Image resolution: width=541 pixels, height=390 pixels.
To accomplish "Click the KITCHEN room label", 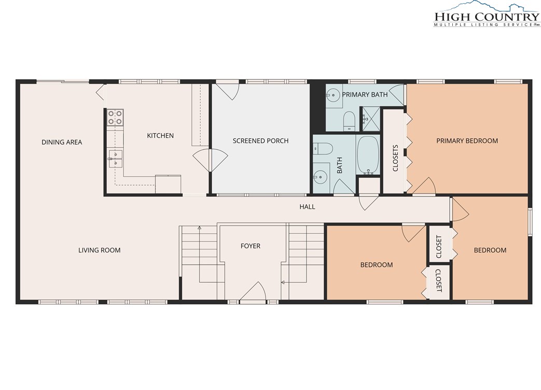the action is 160,135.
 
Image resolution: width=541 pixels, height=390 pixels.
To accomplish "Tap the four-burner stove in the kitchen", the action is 115,117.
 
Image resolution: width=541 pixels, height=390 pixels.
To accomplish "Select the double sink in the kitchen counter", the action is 115,158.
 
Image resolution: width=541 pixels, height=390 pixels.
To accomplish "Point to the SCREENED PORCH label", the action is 260,141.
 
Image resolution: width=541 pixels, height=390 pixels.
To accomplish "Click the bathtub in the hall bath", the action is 368,155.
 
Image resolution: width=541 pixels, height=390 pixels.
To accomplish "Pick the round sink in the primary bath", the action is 334,95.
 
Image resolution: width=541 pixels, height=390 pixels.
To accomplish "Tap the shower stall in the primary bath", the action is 370,119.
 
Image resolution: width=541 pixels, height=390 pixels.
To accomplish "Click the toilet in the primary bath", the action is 349,121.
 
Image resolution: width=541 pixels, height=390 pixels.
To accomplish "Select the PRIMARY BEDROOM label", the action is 467,141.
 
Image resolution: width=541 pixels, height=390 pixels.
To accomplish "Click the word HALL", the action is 307,206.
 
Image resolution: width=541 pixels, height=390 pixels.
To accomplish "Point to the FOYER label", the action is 251,246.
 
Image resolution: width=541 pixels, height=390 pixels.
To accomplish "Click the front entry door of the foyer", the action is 253,292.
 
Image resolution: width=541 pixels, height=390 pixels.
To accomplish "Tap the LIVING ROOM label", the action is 100,250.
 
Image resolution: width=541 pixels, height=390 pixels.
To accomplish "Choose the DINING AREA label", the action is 62,142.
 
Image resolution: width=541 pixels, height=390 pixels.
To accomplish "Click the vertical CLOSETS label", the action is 395,158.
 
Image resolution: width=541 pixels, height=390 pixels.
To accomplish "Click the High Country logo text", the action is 487,17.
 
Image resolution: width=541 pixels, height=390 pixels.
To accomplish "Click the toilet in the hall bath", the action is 323,149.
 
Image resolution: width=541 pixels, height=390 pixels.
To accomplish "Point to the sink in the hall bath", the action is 320,177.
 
